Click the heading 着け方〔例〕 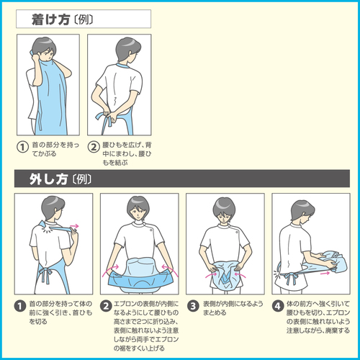(x=62, y=19)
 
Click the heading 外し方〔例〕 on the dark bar (x=60, y=179)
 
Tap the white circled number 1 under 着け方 (x=22, y=147)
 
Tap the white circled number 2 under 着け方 (x=94, y=147)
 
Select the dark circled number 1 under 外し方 (x=20, y=306)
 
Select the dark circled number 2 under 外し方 (x=106, y=306)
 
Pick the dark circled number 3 (x=193, y=306)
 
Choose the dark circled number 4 (x=278, y=306)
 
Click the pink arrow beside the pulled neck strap (x=74, y=226)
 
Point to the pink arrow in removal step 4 (x=325, y=273)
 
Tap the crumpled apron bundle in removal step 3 (x=225, y=274)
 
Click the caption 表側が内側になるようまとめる (x=233, y=308)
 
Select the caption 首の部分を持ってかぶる (x=55, y=149)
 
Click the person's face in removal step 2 (x=138, y=212)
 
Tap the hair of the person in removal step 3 (x=224, y=206)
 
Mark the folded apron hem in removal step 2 (x=140, y=280)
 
